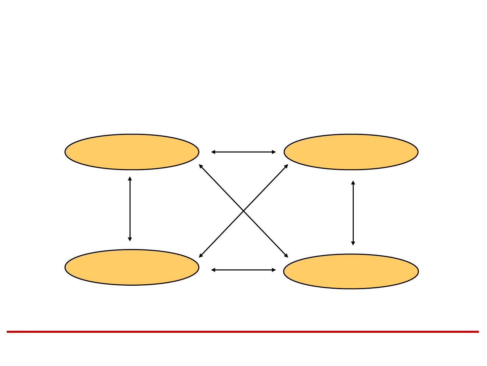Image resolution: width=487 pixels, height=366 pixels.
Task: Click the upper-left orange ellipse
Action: (132, 152)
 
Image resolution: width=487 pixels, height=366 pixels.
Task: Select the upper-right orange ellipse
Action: (351, 152)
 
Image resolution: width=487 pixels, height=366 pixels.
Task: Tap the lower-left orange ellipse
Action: (132, 267)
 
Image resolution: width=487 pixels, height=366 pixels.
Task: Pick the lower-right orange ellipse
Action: (351, 271)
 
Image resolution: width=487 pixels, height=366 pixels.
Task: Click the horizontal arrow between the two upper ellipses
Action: (243, 152)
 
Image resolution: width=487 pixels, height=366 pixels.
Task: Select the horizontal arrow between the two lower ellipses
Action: (243, 270)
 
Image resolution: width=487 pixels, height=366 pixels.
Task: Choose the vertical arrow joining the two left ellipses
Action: (130, 209)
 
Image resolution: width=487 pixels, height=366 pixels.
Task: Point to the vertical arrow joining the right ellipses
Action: (353, 213)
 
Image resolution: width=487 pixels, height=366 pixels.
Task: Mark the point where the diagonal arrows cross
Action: (243, 211)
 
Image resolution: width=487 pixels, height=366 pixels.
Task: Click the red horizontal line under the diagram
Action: (243, 332)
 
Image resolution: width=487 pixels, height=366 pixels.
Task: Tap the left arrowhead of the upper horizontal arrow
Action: (213, 152)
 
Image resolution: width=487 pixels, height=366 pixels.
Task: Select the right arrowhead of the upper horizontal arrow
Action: (274, 152)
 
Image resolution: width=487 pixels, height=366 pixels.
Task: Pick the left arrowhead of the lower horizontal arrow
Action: (213, 270)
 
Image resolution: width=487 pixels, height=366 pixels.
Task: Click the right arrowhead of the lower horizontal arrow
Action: (274, 270)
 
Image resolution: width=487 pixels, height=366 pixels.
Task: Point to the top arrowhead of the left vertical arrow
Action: (130, 179)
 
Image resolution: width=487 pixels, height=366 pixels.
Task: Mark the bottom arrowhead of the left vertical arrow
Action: (130, 239)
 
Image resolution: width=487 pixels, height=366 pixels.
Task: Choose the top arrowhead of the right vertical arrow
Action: (353, 183)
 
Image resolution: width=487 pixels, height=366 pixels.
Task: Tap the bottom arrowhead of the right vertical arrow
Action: (353, 243)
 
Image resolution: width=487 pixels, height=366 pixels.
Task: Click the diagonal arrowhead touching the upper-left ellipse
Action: (201, 166)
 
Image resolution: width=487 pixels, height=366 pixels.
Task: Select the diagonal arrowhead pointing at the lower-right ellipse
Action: (286, 256)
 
